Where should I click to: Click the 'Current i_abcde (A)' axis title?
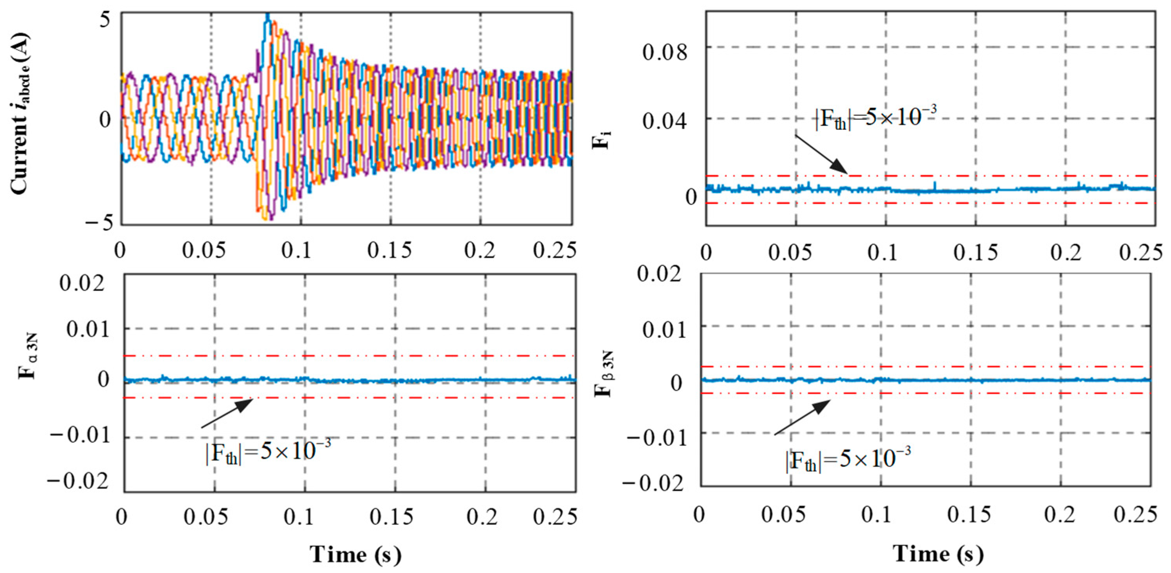(x=20, y=114)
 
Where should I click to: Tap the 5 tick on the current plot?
(x=105, y=20)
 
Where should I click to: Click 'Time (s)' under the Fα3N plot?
(x=356, y=554)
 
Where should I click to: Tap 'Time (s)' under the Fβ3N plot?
(x=938, y=553)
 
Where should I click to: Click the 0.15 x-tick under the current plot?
(x=390, y=251)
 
